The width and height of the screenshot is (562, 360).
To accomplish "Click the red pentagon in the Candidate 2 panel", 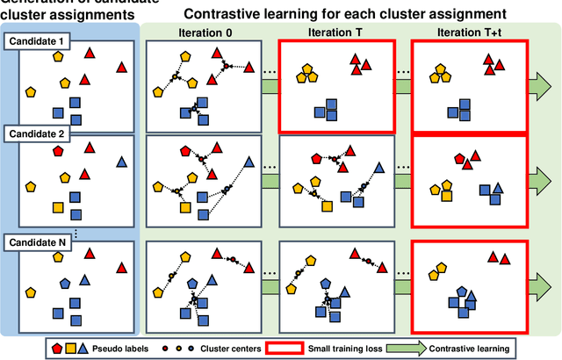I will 58,151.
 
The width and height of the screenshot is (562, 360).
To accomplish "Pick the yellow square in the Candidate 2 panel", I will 58,207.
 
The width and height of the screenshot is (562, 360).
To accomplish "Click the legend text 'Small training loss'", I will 358,348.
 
